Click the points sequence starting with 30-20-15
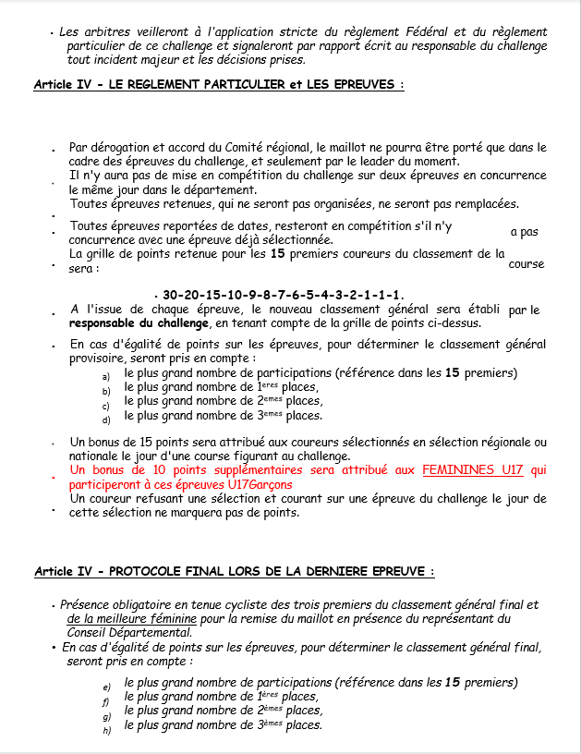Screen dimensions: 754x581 click(x=283, y=295)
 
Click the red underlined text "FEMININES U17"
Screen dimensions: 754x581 click(x=472, y=469)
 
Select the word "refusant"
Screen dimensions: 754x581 click(x=152, y=499)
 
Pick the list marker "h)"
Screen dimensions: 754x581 click(x=106, y=730)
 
